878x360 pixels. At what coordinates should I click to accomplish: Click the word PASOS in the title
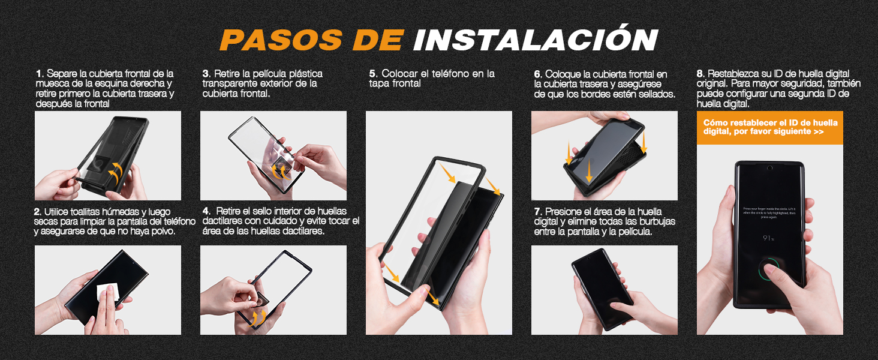click(x=281, y=40)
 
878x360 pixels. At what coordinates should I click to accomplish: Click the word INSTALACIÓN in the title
click(x=535, y=40)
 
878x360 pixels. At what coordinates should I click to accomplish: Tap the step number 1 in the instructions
click(x=38, y=73)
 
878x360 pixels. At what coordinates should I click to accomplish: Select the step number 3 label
click(x=205, y=73)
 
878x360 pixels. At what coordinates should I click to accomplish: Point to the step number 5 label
click(x=372, y=73)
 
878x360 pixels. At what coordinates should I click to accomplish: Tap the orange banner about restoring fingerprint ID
click(x=769, y=127)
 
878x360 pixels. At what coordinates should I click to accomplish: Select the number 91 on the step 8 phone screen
click(x=767, y=238)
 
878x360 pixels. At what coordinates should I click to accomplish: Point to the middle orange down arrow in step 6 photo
click(x=589, y=170)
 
